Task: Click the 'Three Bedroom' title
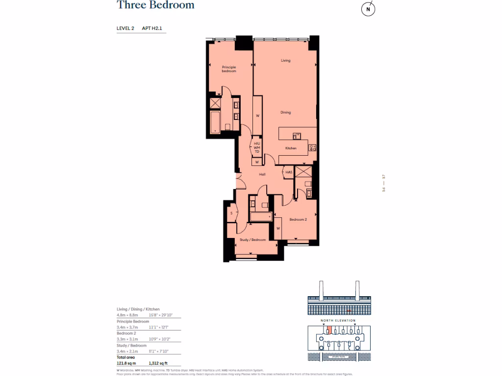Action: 155,5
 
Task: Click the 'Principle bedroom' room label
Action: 229,69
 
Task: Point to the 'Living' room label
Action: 285,61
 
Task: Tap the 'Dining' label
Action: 285,113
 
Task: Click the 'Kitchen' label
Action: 291,148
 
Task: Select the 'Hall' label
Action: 262,174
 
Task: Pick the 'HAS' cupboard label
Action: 289,172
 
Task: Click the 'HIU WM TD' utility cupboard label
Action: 256,147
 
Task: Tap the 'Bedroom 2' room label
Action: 298,220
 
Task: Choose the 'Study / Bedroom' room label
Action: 252,240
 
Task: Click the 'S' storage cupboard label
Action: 231,213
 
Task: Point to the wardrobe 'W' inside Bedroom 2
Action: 278,228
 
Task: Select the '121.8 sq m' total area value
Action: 126,363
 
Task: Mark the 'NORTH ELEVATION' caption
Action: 338,321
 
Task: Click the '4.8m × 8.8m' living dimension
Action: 127,315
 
